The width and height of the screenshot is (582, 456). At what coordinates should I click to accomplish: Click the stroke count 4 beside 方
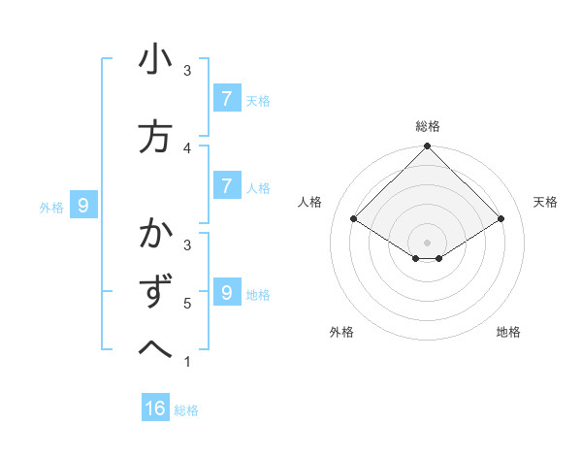coord(187,147)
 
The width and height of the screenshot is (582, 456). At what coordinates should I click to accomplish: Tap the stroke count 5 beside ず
coord(187,304)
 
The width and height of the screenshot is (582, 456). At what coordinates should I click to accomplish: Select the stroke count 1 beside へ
coord(187,362)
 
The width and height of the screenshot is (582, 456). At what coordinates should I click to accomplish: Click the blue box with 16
coord(155,408)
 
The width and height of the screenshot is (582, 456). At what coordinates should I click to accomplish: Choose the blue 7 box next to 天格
coord(225,98)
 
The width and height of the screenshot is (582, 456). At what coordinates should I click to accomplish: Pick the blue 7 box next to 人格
coord(225,185)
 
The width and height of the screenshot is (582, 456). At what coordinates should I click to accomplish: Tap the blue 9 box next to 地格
coord(225,292)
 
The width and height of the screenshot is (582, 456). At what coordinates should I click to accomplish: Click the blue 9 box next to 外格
coord(83,205)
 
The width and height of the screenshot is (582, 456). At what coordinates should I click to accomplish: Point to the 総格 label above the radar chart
coord(427,126)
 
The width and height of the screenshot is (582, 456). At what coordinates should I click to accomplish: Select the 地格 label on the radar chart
coord(508,332)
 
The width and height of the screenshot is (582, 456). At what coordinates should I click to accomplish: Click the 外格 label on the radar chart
coord(341,332)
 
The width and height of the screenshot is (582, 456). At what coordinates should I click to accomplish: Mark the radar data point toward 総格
coord(427,147)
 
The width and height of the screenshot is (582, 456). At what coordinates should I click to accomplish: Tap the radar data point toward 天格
coord(501,219)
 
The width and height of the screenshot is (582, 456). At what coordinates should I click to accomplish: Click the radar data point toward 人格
coord(353,219)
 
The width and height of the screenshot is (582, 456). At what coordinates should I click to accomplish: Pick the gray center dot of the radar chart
coord(427,242)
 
